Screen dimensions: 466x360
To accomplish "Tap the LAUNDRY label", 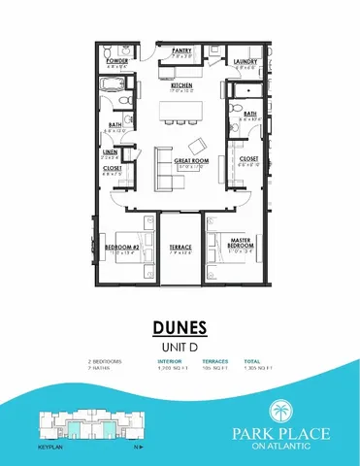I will coord(245,62).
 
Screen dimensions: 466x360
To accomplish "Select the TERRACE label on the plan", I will coord(181,248).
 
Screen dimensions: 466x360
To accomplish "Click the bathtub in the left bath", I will coord(115,101).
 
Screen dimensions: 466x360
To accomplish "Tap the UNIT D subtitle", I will coord(180,346).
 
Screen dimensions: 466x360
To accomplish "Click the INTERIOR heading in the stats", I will coord(170,362).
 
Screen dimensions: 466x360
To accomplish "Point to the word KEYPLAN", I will coord(49,449).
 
